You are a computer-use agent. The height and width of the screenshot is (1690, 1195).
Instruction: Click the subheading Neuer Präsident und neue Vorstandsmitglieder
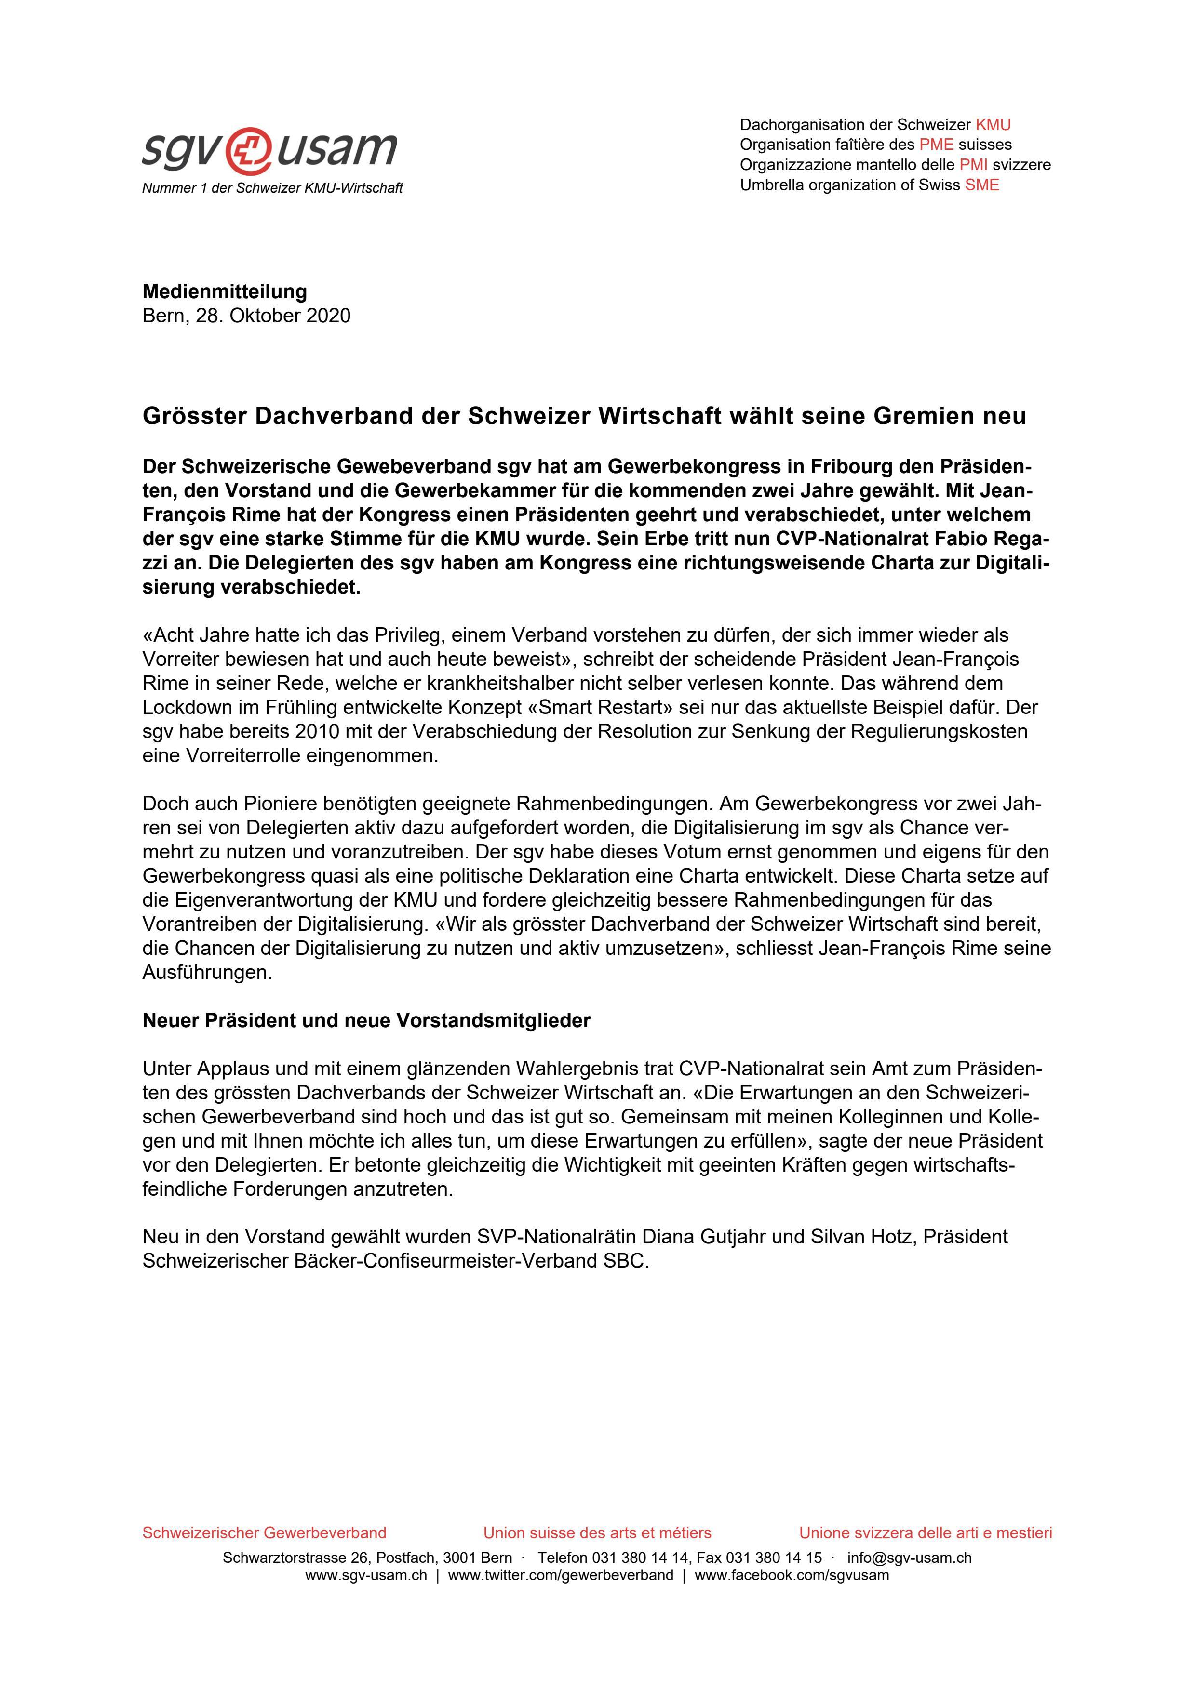click(366, 1021)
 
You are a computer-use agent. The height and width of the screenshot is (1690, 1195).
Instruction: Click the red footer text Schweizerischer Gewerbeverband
click(264, 1533)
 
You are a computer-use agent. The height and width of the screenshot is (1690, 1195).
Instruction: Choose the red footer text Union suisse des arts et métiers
click(597, 1533)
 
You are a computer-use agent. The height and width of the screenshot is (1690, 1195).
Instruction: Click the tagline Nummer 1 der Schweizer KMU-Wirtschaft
click(272, 188)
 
